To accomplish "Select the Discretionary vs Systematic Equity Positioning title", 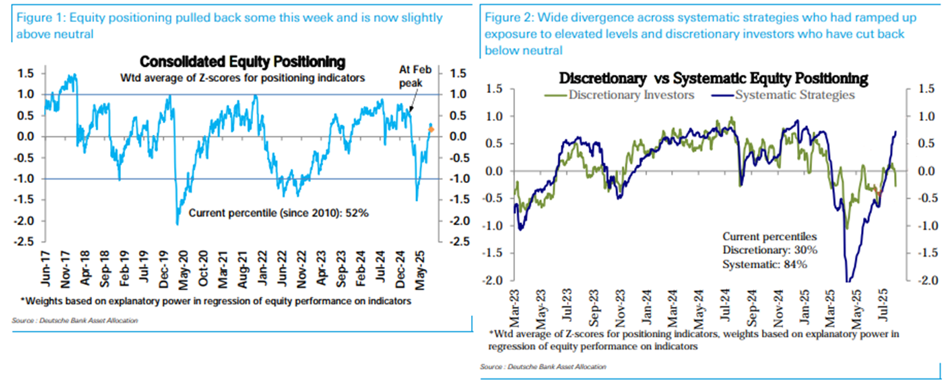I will pos(714,78).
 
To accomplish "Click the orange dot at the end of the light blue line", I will pos(431,129).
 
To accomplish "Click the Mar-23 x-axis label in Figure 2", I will pos(515,305).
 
